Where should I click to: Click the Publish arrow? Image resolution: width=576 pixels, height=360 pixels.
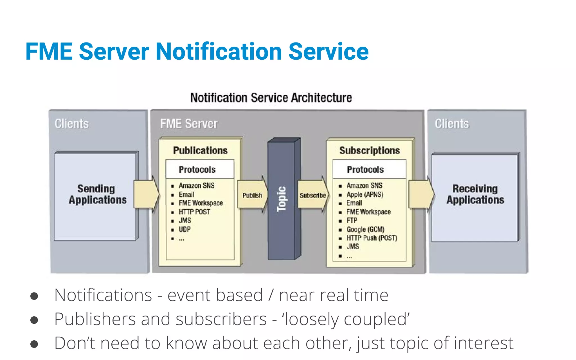252,195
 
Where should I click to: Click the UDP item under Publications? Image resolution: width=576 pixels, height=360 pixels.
185,229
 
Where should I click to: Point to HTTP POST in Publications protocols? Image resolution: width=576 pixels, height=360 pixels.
194,212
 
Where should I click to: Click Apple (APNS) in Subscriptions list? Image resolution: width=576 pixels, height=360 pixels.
365,195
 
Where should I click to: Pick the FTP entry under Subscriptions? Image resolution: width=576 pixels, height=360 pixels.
352,220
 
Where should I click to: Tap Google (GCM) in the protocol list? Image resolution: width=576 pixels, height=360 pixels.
365,229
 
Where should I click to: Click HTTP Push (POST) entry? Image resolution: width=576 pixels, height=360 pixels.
372,238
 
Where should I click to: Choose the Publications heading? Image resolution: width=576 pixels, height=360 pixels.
200,150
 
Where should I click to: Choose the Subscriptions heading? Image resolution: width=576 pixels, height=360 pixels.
369,150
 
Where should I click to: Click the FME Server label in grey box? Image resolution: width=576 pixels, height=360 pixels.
189,124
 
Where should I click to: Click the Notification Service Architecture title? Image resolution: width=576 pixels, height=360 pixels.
271,98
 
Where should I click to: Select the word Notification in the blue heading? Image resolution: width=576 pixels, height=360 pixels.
219,52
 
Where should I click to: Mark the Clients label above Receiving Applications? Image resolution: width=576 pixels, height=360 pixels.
452,124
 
